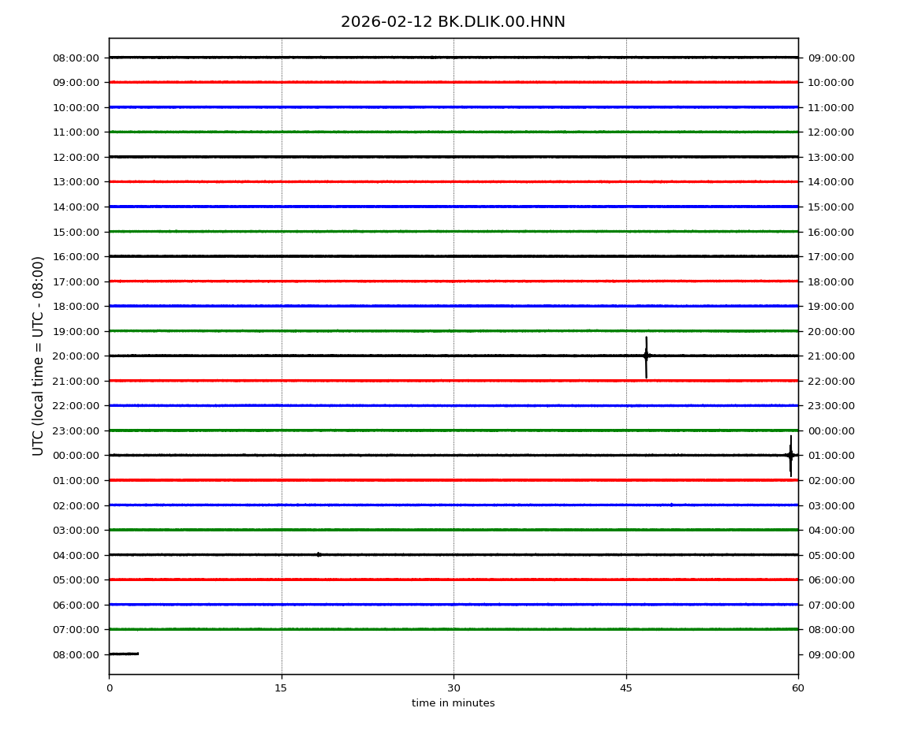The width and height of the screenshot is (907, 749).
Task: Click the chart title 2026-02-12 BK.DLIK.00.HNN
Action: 453,22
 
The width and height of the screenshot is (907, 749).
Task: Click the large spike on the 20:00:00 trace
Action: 646,357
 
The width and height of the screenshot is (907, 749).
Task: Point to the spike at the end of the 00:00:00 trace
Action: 791,456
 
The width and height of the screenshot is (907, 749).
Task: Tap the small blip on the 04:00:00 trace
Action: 319,555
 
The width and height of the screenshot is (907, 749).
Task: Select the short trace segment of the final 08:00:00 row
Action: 124,654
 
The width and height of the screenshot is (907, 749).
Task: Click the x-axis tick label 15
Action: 281,688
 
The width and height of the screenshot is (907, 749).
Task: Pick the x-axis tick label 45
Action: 626,688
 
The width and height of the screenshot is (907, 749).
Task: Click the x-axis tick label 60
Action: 798,688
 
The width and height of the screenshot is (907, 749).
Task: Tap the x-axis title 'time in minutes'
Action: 453,703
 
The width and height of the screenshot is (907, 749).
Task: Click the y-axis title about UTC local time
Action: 38,356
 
